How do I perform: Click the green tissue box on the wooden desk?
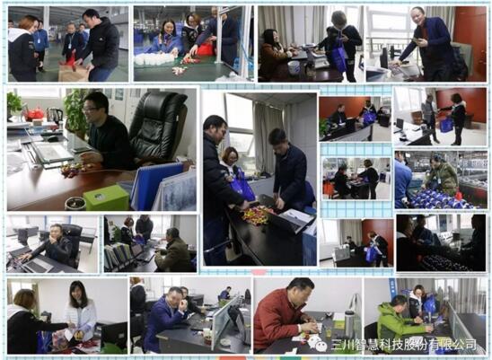click(106, 198)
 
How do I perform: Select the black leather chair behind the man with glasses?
click(157, 126)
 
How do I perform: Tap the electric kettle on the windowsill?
click(55, 116)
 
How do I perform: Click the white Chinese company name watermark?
click(404, 345)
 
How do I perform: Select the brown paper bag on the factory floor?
click(73, 73)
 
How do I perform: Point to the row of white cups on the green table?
click(154, 59)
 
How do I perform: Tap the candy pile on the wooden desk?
click(75, 170)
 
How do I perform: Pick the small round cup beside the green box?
click(75, 204)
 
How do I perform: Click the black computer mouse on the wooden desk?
click(52, 138)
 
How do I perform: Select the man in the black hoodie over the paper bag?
click(99, 44)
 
